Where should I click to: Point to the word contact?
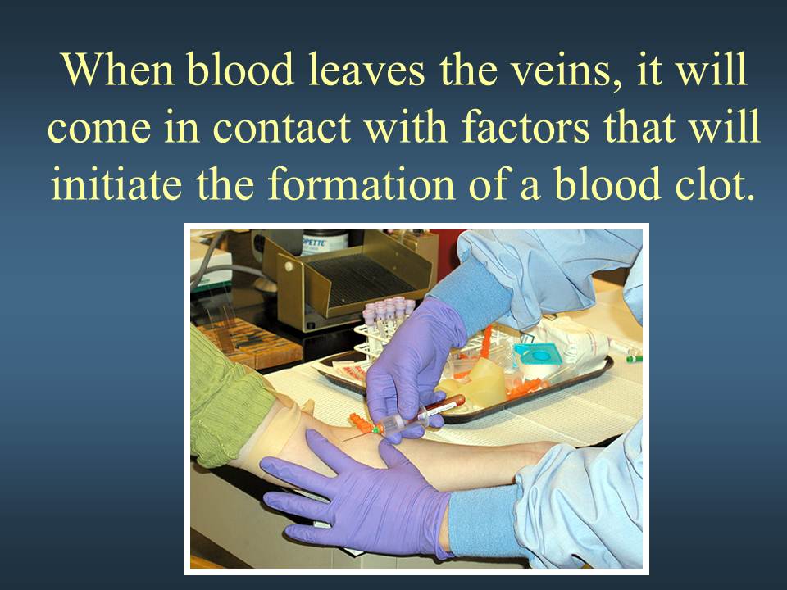coord(281,127)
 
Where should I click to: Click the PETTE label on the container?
coord(314,243)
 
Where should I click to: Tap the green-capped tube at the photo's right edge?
coord(634,359)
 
